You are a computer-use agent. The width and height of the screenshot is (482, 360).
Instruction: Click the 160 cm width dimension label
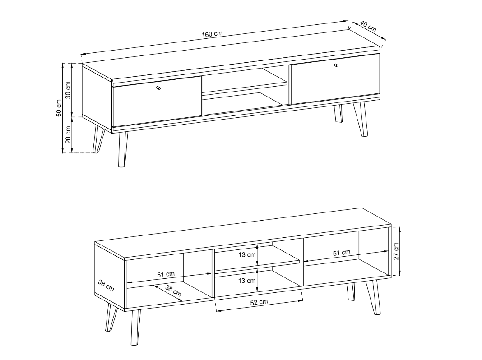tap(212, 34)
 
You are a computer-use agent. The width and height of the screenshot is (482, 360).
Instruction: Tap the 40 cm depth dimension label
tap(368, 27)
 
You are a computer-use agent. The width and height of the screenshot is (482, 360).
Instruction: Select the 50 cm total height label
tap(59, 108)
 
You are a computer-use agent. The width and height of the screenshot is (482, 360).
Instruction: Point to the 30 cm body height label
tap(68, 90)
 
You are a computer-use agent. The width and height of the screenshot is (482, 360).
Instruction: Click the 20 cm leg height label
tap(68, 134)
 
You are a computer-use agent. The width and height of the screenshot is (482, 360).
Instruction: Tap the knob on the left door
tap(158, 88)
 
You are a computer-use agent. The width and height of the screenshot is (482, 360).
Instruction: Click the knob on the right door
tap(337, 65)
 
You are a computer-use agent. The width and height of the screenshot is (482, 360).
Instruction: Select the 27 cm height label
tap(396, 251)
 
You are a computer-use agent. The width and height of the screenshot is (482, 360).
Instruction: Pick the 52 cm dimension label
tap(259, 302)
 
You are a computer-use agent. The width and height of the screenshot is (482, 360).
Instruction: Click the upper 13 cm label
tap(247, 254)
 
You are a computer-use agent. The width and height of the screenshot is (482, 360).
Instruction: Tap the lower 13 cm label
tap(247, 281)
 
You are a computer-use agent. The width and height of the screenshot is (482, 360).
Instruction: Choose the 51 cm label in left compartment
tap(166, 274)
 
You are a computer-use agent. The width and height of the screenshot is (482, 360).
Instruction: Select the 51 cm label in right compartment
tap(342, 253)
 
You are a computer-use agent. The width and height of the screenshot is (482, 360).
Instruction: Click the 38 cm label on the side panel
tap(106, 286)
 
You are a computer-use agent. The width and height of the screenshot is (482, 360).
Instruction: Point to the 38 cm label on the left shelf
tap(173, 291)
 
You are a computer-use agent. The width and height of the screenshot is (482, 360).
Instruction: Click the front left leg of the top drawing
tap(122, 149)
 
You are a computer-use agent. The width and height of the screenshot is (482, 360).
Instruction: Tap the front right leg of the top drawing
tap(361, 119)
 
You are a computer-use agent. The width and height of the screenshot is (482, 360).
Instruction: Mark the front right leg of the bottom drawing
tap(373, 297)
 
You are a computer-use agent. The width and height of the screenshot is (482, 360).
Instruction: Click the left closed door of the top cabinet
tap(157, 102)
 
